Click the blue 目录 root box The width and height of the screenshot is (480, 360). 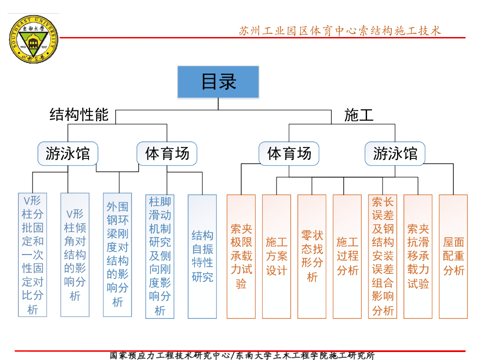(x=218, y=82)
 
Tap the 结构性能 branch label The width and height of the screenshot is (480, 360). (x=79, y=115)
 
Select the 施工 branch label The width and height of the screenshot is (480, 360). (x=359, y=115)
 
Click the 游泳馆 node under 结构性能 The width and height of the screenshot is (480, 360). (x=68, y=153)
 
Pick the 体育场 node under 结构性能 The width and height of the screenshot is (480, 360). (x=167, y=153)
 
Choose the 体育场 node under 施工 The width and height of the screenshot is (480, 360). (x=289, y=153)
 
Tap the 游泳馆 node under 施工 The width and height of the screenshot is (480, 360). (x=395, y=153)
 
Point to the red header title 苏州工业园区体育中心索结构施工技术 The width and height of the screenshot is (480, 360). (x=340, y=31)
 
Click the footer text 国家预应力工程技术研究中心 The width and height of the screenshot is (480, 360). (x=170, y=355)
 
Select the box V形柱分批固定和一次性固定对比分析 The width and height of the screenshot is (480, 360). (x=32, y=255)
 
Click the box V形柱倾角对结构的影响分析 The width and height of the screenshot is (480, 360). (x=75, y=255)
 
